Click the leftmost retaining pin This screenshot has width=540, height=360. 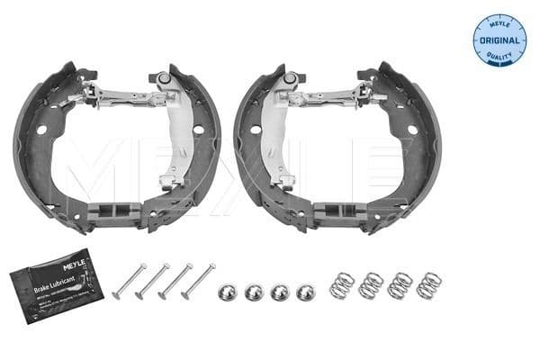(129, 280)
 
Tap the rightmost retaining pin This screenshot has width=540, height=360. (198, 280)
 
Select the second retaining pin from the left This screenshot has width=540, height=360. (151, 280)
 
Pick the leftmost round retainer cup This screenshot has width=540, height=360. (227, 292)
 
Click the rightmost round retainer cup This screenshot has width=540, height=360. (306, 292)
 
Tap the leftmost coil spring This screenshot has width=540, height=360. (343, 284)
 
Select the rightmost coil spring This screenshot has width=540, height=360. (428, 284)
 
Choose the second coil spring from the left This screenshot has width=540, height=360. (370, 285)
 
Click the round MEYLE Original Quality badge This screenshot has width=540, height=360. (499, 40)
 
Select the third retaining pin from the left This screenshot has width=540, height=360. (175, 280)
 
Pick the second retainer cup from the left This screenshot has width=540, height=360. (254, 292)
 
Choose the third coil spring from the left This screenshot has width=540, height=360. (400, 285)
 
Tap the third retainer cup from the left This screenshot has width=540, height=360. (280, 292)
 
